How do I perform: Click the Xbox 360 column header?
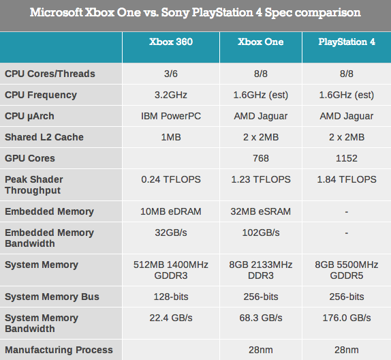(x=171, y=42)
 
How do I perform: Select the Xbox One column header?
(x=260, y=42)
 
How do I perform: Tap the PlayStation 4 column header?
(x=347, y=42)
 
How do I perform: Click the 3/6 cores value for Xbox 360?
(x=171, y=74)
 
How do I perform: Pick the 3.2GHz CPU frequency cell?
(x=171, y=95)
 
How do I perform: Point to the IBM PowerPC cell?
(x=171, y=116)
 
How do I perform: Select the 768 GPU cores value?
(x=260, y=158)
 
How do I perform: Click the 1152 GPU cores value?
(x=347, y=158)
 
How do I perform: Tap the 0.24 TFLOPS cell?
(x=171, y=179)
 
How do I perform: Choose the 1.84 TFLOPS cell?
(x=347, y=179)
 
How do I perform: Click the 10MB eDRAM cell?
(x=171, y=211)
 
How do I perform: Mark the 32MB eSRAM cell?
(x=260, y=211)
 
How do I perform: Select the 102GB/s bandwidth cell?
(x=260, y=232)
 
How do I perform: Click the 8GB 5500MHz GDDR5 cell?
(x=347, y=270)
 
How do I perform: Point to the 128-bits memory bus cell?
(x=171, y=297)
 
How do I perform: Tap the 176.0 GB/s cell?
(x=347, y=318)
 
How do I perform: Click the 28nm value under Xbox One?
(x=260, y=350)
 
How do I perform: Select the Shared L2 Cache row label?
(x=44, y=137)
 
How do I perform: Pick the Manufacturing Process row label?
(x=59, y=350)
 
